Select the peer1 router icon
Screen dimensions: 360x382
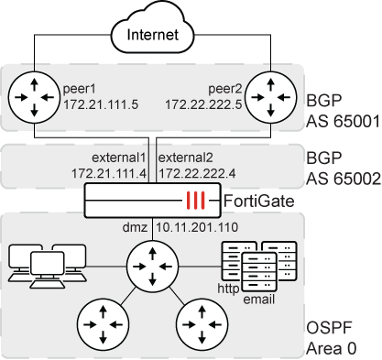tap(31, 93)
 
